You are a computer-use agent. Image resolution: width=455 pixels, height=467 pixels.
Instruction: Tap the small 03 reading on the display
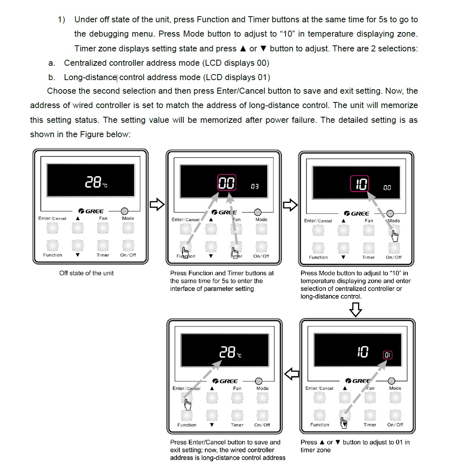(255, 186)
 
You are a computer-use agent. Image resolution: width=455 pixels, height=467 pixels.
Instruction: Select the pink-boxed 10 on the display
(360, 184)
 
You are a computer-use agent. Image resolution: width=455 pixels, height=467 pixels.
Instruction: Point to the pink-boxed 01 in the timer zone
(388, 355)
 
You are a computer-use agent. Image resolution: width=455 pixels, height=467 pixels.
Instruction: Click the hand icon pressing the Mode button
(395, 237)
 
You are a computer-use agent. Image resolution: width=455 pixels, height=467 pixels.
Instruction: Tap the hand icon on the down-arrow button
(344, 423)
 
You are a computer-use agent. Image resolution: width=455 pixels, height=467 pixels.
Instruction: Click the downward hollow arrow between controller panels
(355, 310)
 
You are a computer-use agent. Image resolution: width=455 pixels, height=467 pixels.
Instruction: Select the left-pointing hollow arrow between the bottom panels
(291, 374)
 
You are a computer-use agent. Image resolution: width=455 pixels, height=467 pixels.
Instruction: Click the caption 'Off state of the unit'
(86, 273)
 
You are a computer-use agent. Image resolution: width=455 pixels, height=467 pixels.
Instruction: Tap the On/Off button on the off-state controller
(128, 246)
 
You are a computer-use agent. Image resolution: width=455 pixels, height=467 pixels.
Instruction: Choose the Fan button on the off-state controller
(103, 228)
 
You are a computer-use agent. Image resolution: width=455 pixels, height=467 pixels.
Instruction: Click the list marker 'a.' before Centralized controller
(52, 63)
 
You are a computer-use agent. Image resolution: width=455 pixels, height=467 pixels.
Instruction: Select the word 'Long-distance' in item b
(90, 77)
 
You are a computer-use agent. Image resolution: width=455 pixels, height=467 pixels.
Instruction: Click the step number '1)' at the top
(61, 20)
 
